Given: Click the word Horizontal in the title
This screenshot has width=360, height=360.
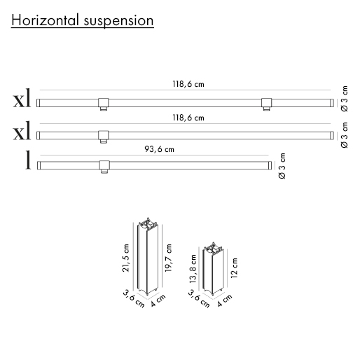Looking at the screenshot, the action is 45,20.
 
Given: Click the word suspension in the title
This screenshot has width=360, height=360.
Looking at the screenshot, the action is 118,22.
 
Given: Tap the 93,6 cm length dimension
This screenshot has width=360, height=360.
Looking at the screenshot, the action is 159,149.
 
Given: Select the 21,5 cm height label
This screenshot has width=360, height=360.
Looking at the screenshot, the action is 125,258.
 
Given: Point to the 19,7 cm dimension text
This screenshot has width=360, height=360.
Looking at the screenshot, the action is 168,258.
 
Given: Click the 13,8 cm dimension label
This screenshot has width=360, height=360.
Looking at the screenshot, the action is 193,269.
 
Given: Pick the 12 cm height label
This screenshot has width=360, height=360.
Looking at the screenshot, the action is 234,268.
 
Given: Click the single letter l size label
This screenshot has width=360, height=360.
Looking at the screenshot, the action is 28,160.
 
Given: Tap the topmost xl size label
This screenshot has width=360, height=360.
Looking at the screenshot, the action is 22,98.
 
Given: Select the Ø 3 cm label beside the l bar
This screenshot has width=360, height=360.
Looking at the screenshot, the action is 282,166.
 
